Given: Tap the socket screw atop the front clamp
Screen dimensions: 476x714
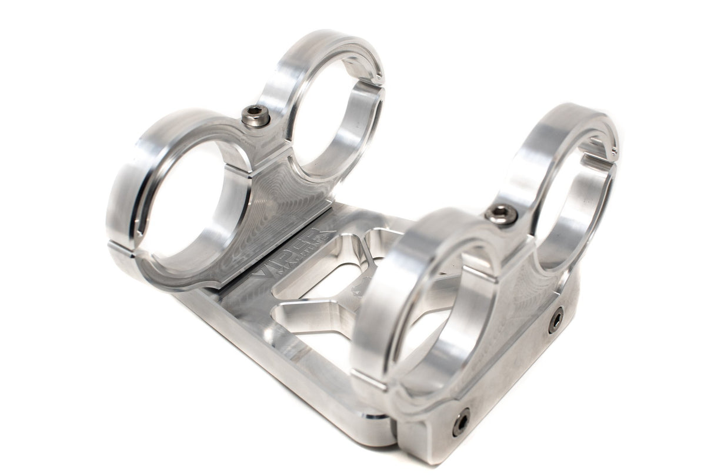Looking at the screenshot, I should click(502, 214).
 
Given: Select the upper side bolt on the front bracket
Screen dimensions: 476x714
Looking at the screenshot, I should click(555, 320).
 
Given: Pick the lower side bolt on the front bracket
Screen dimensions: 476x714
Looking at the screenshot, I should click(461, 421).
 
